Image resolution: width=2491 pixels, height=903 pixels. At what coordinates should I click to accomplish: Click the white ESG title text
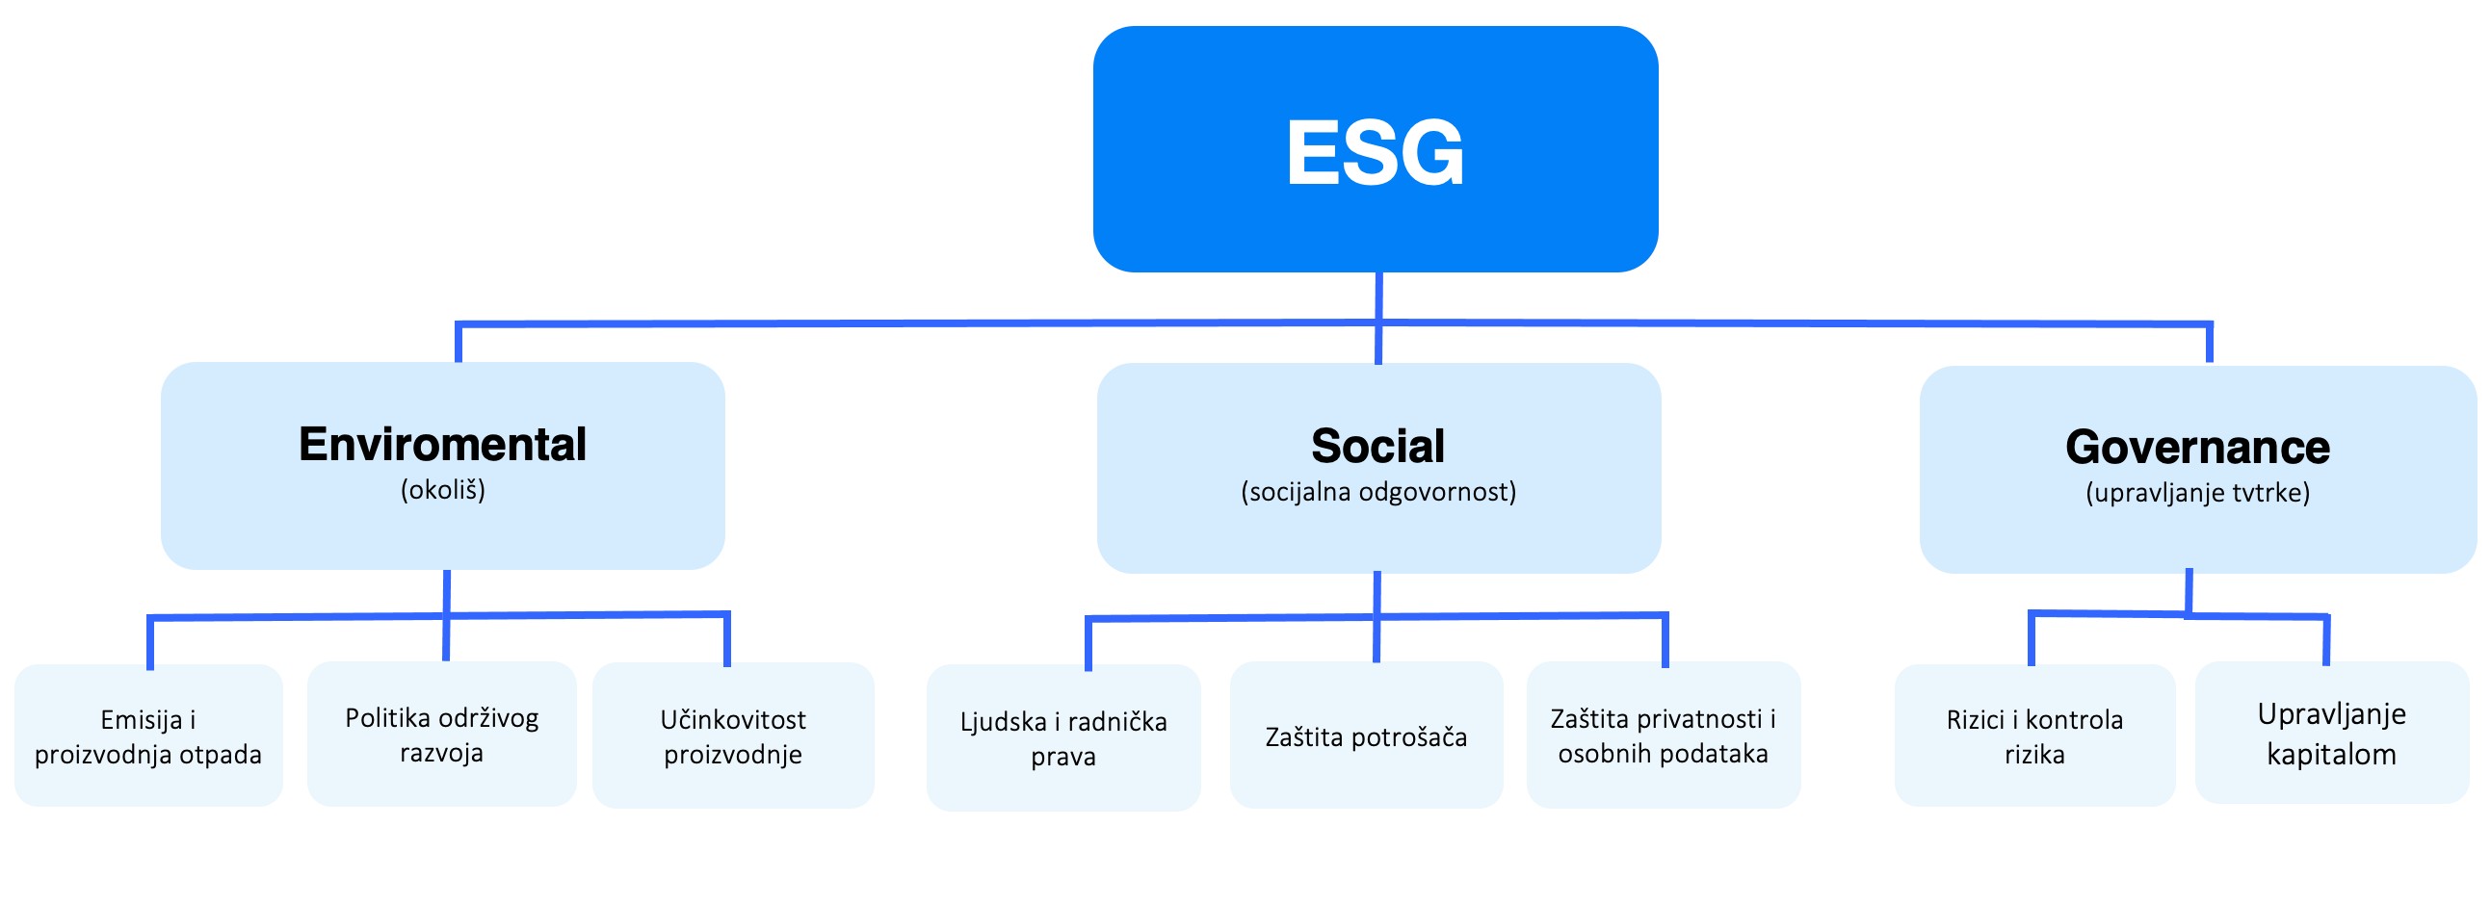[x=1376, y=153]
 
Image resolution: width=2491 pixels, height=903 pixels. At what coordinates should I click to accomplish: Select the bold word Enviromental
[x=443, y=445]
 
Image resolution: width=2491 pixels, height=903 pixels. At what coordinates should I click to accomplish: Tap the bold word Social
[x=1378, y=447]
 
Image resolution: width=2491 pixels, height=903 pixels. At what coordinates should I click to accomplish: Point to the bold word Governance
[x=2197, y=448]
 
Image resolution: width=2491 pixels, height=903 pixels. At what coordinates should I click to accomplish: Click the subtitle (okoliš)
[x=443, y=490]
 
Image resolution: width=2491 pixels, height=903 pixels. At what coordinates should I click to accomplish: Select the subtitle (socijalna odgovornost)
[x=1378, y=492]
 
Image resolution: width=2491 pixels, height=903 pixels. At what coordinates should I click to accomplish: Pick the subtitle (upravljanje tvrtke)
[x=2197, y=493]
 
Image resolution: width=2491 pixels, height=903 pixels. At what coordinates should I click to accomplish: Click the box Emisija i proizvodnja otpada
[x=149, y=735]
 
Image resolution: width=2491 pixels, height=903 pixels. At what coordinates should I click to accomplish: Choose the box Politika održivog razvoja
[x=442, y=734]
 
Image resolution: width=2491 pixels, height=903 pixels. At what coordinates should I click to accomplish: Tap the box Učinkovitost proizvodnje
[x=733, y=735]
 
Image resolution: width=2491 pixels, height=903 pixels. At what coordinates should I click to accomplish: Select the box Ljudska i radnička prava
[x=1062, y=737]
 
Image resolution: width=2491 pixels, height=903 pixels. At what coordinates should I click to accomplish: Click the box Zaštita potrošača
[x=1365, y=736]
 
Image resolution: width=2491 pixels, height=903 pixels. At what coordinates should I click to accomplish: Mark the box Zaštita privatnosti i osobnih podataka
[x=1664, y=735]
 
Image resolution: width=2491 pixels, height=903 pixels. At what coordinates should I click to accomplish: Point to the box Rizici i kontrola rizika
[x=2034, y=735]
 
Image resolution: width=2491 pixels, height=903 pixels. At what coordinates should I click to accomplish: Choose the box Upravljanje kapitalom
[x=2331, y=733]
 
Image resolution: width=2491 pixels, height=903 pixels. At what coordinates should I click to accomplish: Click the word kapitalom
[x=2331, y=754]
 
